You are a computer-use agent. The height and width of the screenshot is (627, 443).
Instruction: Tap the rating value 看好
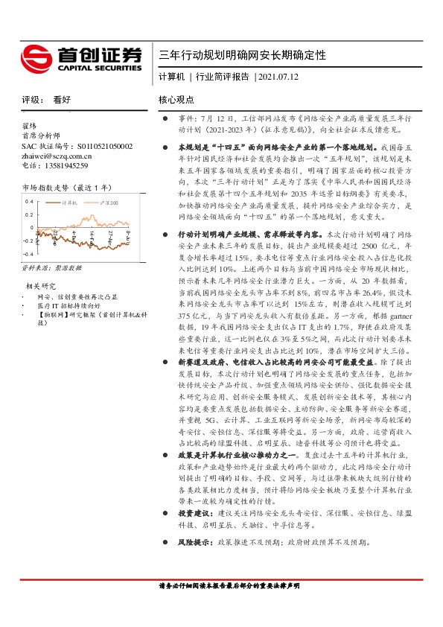[x=61, y=99]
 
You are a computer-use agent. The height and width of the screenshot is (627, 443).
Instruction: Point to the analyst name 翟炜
[x=30, y=127]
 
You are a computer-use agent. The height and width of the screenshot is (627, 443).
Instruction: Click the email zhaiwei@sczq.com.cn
[x=57, y=156]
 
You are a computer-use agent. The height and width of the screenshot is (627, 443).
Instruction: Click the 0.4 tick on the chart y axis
[x=29, y=201]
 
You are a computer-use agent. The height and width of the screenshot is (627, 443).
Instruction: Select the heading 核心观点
[x=176, y=99]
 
